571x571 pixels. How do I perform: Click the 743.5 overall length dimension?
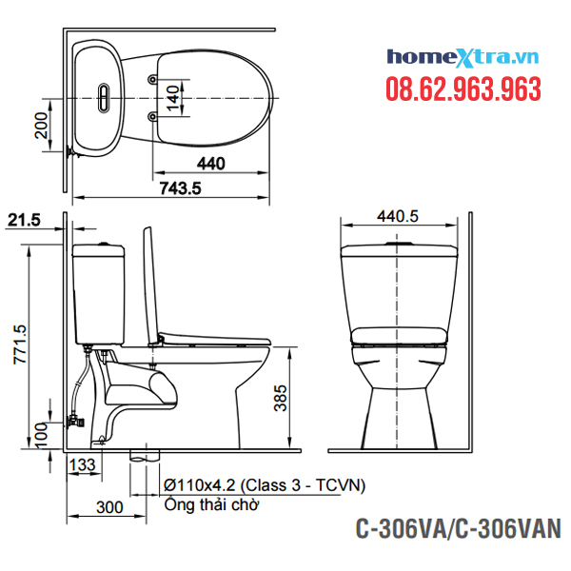pyautogui.click(x=180, y=188)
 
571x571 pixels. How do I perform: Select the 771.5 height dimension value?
pyautogui.click(x=20, y=345)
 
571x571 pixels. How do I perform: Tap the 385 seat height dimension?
pyautogui.click(x=281, y=398)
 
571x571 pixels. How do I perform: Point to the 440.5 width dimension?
pyautogui.click(x=398, y=216)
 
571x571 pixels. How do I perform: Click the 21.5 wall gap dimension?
pyautogui.click(x=24, y=220)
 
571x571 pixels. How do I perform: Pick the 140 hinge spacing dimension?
pyautogui.click(x=173, y=98)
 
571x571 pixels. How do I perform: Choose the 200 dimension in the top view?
pyautogui.click(x=41, y=126)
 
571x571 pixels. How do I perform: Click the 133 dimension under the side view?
pyautogui.click(x=83, y=464)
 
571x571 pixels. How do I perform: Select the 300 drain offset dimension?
pyautogui.click(x=109, y=507)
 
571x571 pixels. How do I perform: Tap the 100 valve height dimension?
pyautogui.click(x=42, y=435)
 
